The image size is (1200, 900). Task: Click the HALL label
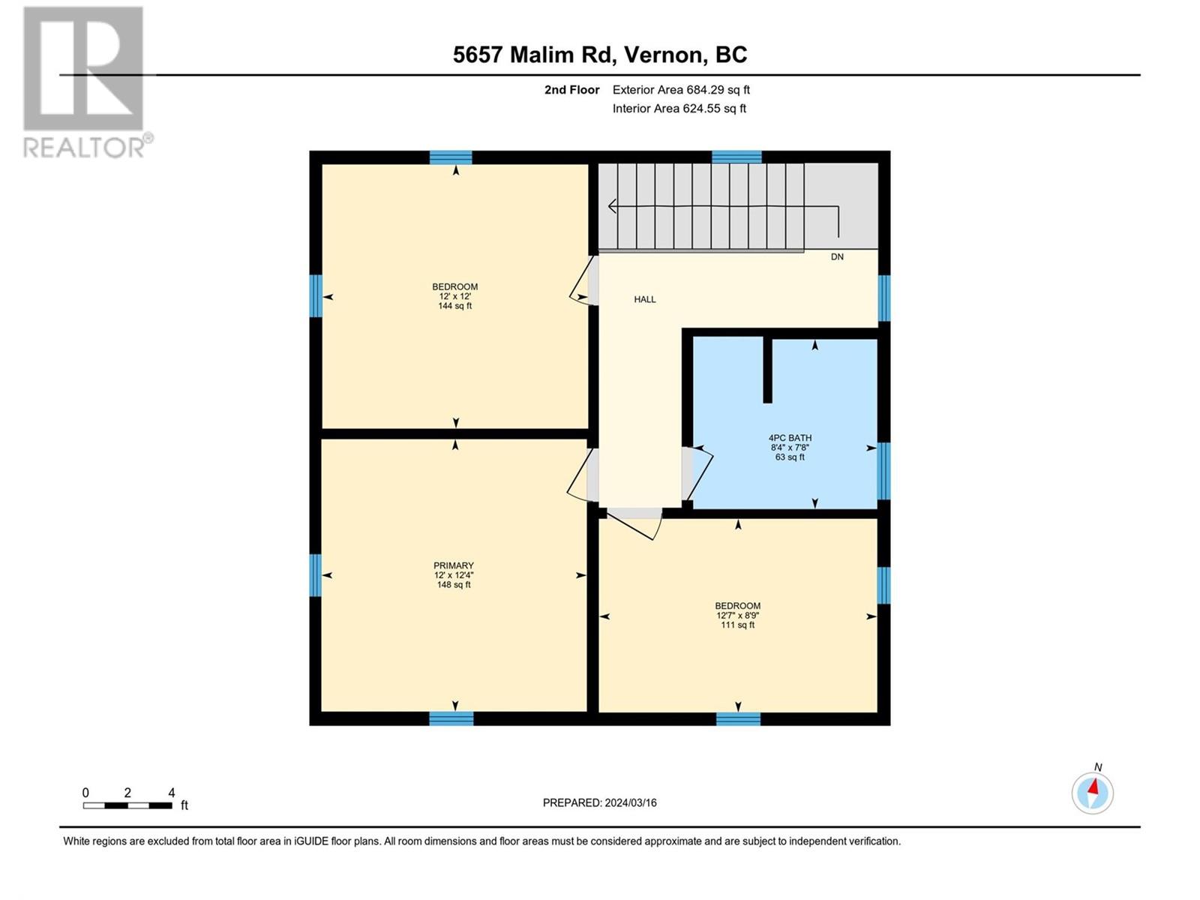(644, 299)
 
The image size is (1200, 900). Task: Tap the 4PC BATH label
(790, 438)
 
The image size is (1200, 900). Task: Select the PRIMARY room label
(453, 565)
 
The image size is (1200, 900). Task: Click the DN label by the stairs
(837, 256)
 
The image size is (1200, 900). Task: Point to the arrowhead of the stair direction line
(612, 206)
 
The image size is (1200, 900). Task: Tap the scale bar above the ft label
(127, 805)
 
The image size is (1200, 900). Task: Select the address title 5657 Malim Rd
(531, 55)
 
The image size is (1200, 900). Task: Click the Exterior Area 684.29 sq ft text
(681, 89)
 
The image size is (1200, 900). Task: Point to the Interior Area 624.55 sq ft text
(679, 108)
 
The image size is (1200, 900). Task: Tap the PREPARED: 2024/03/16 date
(600, 802)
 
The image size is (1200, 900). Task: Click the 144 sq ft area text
(454, 306)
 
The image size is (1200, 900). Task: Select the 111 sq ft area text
(737, 625)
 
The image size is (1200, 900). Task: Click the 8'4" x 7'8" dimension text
(790, 448)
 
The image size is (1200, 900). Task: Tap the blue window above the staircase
(736, 157)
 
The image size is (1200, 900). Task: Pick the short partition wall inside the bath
(767, 370)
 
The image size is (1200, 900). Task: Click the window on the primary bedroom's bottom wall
(451, 718)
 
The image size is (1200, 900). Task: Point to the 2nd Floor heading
(571, 89)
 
